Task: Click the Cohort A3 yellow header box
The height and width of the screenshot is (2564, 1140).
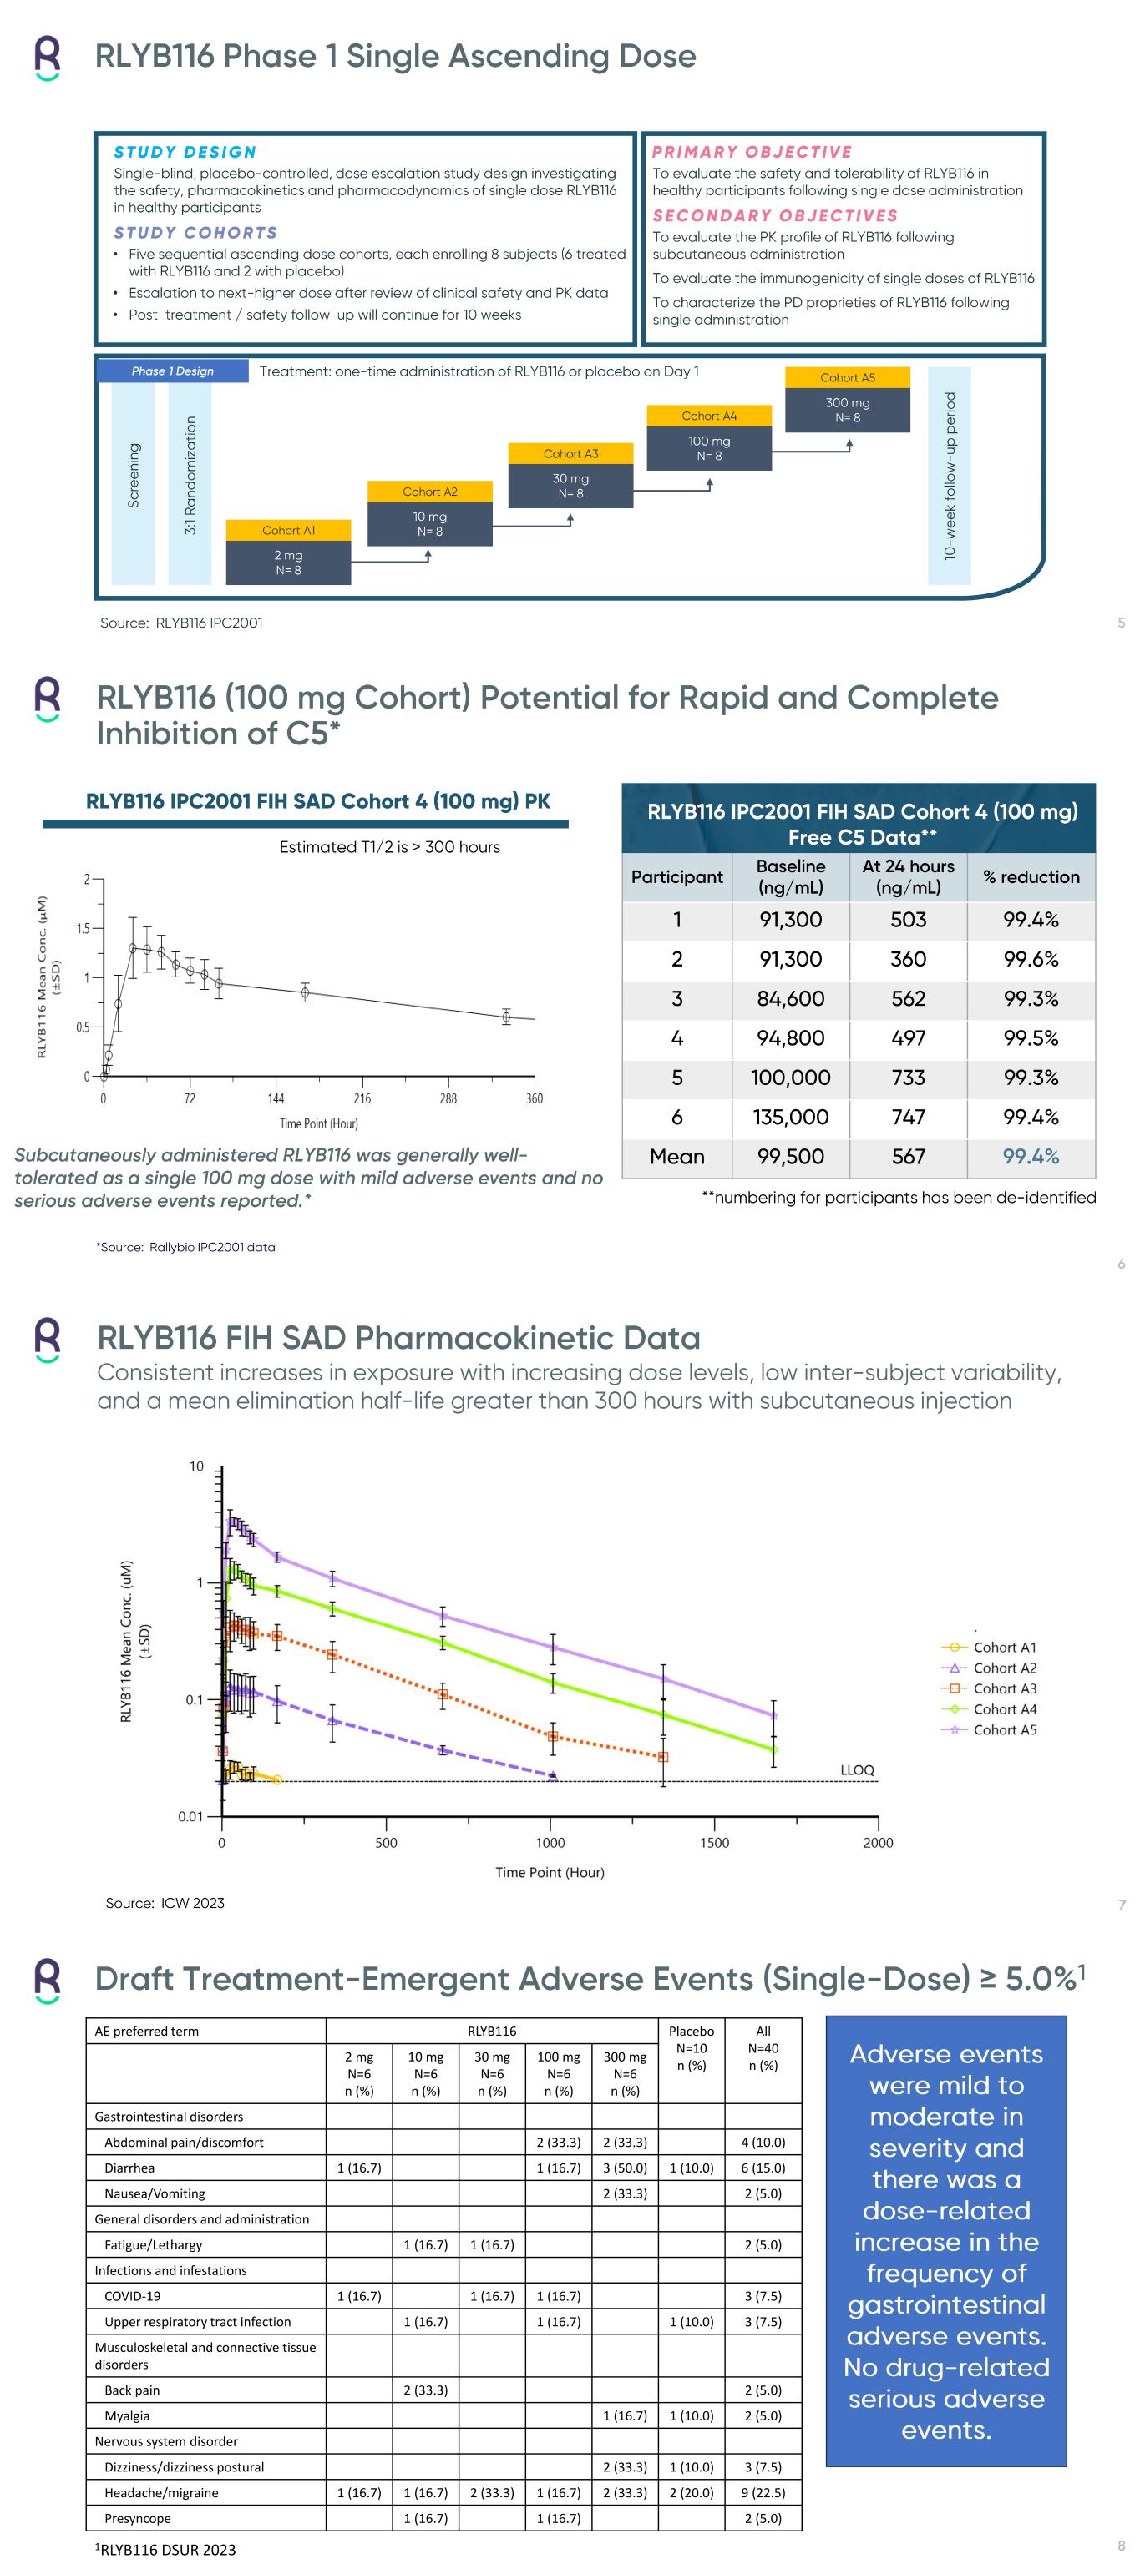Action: pyautogui.click(x=570, y=454)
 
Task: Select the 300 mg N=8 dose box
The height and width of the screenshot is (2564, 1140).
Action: pyautogui.click(x=848, y=410)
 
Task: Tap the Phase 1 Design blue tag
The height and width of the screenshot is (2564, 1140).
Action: pyautogui.click(x=172, y=371)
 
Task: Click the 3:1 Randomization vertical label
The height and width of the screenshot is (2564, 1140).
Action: pyautogui.click(x=190, y=476)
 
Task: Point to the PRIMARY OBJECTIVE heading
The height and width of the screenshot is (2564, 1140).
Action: pyautogui.click(x=752, y=152)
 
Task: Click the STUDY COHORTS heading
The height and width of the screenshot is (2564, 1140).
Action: pyautogui.click(x=195, y=233)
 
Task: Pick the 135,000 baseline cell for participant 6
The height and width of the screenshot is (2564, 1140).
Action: pyautogui.click(x=791, y=1117)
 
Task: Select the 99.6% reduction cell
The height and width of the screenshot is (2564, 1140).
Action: pyautogui.click(x=1031, y=960)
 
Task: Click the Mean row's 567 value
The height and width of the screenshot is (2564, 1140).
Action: pyautogui.click(x=908, y=1157)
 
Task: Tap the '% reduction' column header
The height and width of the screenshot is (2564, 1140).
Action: pyautogui.click(x=1031, y=877)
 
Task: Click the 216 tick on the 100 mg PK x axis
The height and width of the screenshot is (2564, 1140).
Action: pyautogui.click(x=362, y=1099)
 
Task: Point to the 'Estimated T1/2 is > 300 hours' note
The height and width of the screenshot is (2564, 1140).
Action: pyautogui.click(x=389, y=847)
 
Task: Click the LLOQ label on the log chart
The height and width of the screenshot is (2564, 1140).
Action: pyautogui.click(x=857, y=1769)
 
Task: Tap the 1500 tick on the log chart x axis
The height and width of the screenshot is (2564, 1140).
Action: pyautogui.click(x=714, y=1842)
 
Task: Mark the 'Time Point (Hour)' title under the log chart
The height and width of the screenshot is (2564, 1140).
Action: pyautogui.click(x=550, y=1872)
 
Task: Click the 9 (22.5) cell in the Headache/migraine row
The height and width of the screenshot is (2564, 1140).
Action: pyautogui.click(x=763, y=2492)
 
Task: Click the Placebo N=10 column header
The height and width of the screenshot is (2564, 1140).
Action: pyautogui.click(x=691, y=2047)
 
